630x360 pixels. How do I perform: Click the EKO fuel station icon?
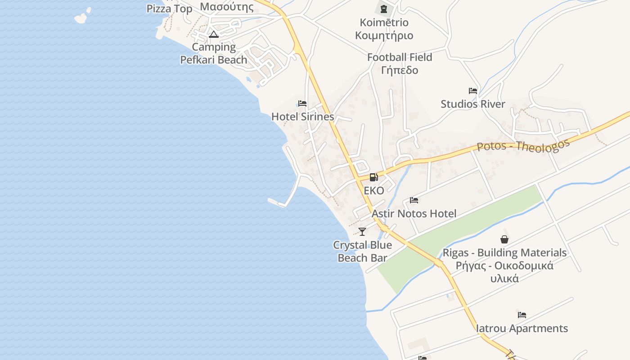point(373,177)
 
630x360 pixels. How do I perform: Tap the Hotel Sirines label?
point(302,117)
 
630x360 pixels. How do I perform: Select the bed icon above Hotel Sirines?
point(302,103)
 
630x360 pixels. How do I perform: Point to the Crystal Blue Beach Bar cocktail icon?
point(362,232)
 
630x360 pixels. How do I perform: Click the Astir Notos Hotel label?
point(414,214)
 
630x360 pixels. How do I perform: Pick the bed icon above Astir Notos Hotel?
point(414,200)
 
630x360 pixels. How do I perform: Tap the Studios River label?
point(472,104)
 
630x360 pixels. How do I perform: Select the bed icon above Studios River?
point(472,91)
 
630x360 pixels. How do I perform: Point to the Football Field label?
point(400,57)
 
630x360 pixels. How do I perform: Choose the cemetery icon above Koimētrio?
point(384,9)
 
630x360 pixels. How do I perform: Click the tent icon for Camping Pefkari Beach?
point(214,35)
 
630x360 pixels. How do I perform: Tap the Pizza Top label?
point(170,9)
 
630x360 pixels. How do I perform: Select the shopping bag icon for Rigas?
point(504,239)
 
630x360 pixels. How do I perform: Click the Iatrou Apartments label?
point(522,328)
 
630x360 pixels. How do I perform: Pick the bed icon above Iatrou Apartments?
point(522,315)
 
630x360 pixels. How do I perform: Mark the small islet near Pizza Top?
point(81,18)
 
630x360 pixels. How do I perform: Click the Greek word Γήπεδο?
point(400,70)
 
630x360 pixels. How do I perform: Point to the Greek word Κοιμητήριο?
point(384,36)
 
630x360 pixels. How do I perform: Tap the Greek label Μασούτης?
point(227,6)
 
